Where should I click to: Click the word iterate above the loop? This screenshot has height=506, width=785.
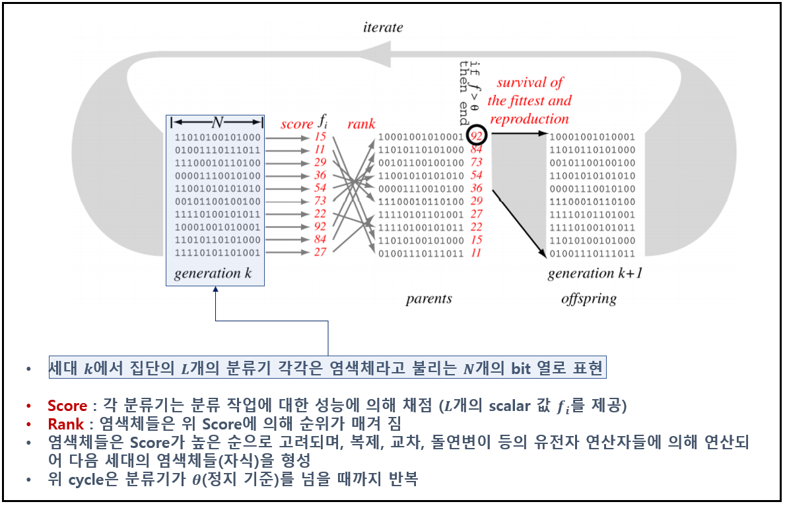tap(383, 28)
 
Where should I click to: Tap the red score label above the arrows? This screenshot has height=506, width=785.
tap(296, 124)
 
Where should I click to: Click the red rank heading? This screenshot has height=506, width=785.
tap(361, 124)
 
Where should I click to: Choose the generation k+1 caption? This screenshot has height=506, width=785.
tap(595, 273)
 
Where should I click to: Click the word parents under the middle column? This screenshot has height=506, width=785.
tap(428, 299)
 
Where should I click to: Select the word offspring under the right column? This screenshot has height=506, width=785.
tap(589, 299)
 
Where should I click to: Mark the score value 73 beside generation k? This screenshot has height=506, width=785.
tap(320, 201)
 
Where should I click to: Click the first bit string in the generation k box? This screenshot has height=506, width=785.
tap(217, 138)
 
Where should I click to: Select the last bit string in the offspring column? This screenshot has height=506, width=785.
tap(592, 253)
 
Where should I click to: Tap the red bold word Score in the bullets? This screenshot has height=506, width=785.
tap(67, 405)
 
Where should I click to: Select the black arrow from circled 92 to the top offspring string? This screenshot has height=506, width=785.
tap(519, 134)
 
